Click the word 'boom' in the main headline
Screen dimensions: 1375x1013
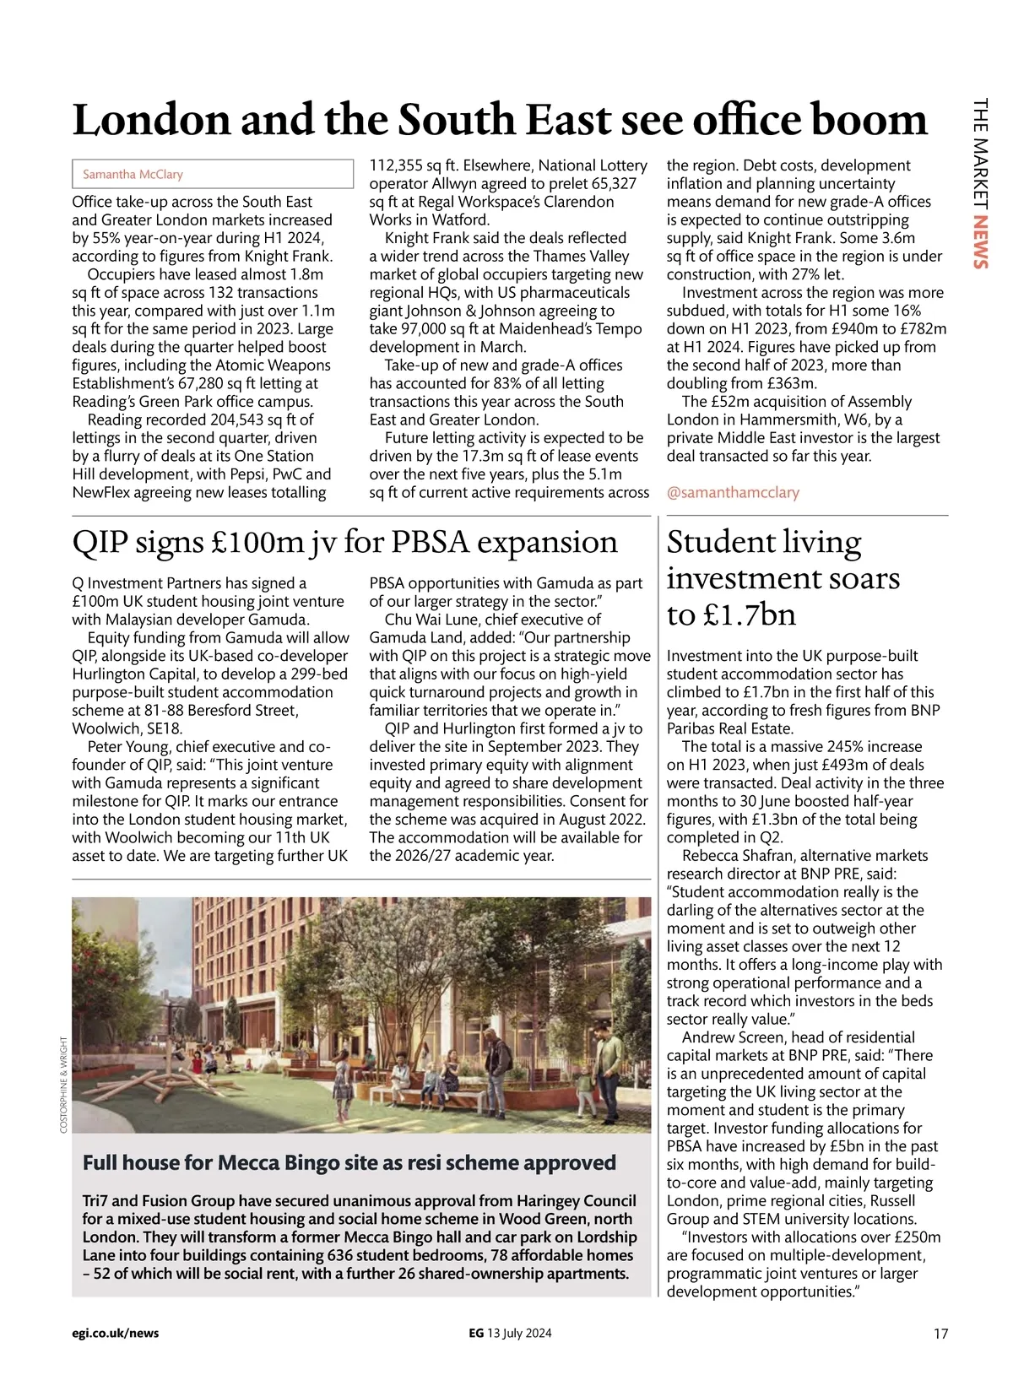869,119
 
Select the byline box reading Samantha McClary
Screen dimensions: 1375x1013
212,174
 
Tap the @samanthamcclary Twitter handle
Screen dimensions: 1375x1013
733,492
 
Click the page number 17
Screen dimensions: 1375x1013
940,1334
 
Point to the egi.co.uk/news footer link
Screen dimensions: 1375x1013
116,1334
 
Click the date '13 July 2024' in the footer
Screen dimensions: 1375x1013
519,1334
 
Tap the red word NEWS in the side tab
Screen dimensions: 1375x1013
979,243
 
